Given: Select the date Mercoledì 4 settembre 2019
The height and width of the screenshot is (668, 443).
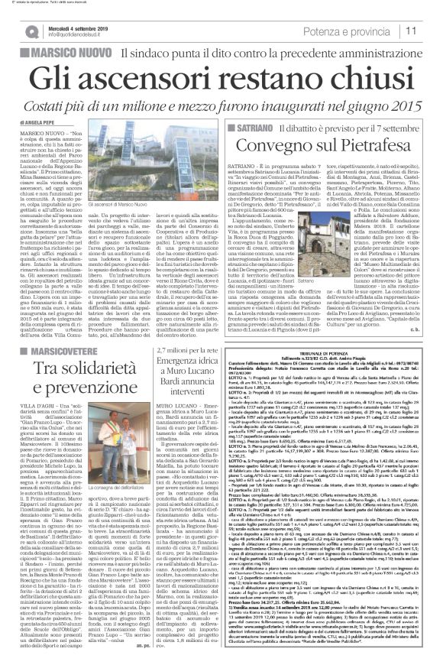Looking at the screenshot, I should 79,28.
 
